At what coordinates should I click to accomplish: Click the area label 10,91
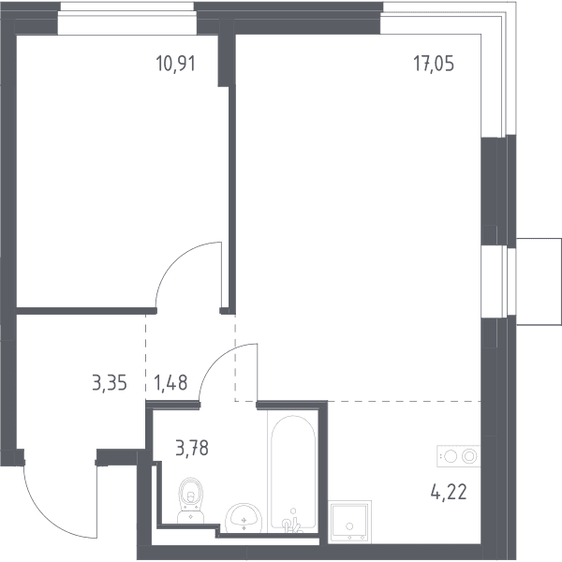[176, 64]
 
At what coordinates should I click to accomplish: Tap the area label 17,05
[434, 64]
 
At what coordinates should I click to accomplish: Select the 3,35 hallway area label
[110, 383]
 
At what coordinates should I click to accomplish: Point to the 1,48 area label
[170, 382]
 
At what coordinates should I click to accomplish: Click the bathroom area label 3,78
[192, 448]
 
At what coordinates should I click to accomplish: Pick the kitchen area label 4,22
[449, 492]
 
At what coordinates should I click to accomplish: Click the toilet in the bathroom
[191, 500]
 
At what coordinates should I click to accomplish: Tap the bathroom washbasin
[244, 518]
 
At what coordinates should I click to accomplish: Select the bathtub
[293, 472]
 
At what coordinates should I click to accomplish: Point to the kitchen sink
[349, 523]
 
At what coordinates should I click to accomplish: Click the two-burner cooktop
[458, 456]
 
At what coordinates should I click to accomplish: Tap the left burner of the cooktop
[451, 456]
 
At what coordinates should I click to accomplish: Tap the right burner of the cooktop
[469, 456]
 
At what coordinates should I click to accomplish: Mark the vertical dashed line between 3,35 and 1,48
[145, 358]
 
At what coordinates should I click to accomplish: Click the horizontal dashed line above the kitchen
[358, 401]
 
